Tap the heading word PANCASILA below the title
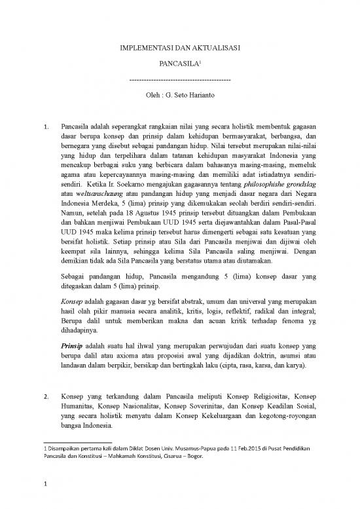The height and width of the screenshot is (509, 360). click(177, 66)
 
